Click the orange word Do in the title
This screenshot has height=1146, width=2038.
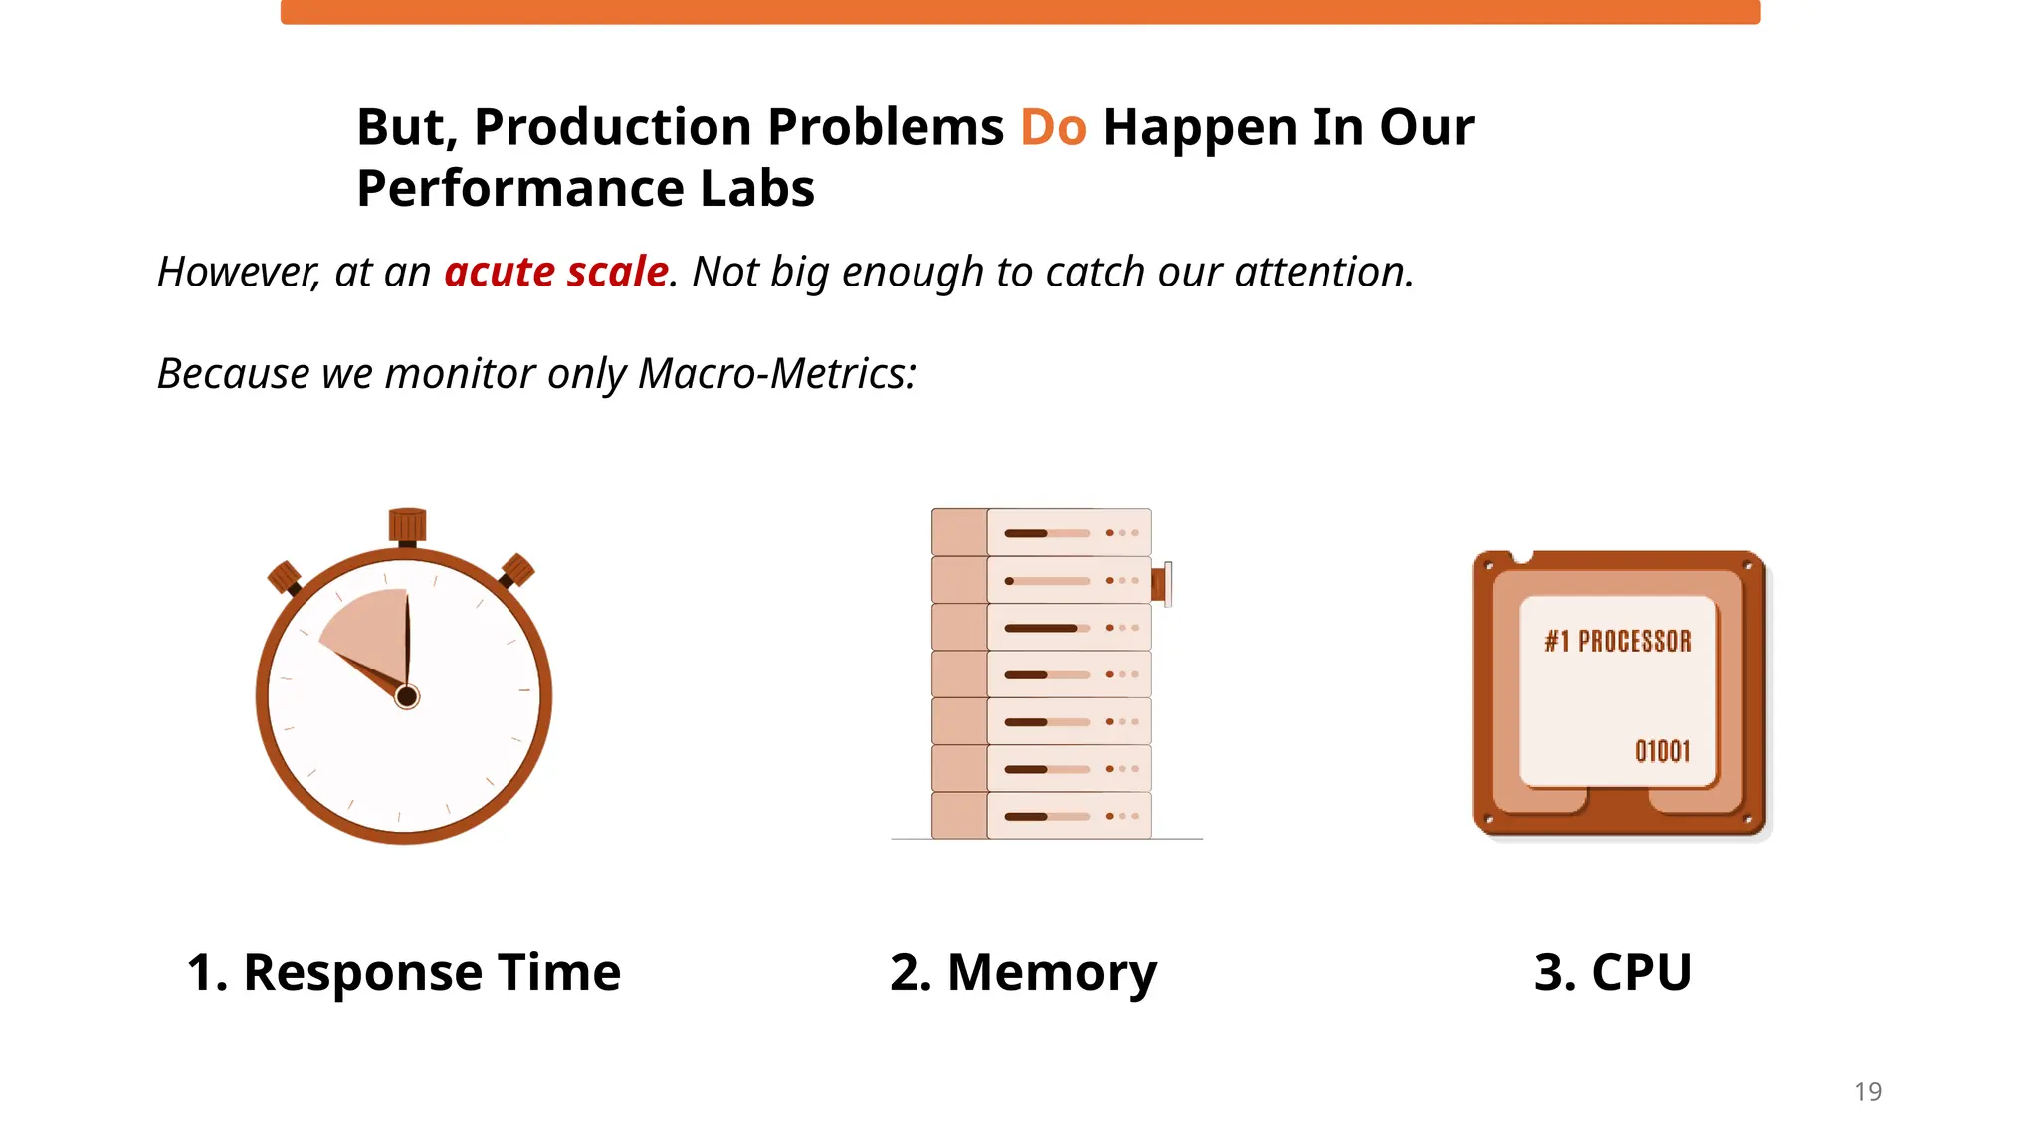click(x=1053, y=128)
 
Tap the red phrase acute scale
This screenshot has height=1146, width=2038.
click(x=556, y=272)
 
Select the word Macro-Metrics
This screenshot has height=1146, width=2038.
click(x=777, y=374)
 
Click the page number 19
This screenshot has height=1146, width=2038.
click(x=1868, y=1092)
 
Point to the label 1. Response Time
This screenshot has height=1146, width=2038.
click(x=404, y=972)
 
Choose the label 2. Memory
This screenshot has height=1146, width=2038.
click(x=1023, y=972)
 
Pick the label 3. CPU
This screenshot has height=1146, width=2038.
click(x=1613, y=972)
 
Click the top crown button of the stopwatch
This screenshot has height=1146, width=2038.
click(x=407, y=525)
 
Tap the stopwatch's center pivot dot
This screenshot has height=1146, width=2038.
click(x=407, y=696)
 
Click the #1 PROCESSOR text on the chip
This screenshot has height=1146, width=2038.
click(x=1618, y=642)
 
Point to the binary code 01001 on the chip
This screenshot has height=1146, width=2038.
click(x=1662, y=751)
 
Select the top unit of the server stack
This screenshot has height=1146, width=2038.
click(x=1042, y=532)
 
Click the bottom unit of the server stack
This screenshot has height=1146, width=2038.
click(x=1042, y=816)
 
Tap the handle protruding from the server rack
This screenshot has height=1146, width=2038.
click(x=1161, y=583)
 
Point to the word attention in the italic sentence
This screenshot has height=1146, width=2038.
click(x=1324, y=272)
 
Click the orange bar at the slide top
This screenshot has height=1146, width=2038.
click(x=1020, y=12)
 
